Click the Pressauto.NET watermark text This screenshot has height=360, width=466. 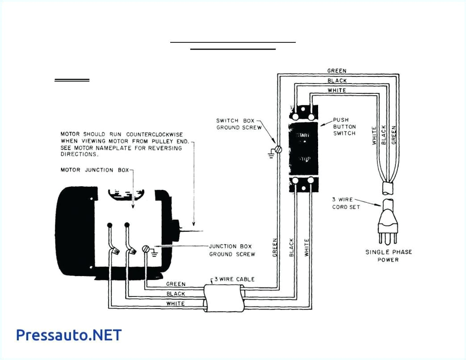[68, 335]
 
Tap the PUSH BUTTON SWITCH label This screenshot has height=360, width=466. [344, 127]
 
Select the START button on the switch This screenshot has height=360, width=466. [304, 134]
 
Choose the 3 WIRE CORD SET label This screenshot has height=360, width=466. [346, 203]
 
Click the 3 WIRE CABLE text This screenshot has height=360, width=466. [234, 279]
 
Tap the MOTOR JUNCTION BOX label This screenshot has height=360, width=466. [94, 170]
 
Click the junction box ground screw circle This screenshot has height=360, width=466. [146, 249]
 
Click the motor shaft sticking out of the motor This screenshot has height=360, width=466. [190, 231]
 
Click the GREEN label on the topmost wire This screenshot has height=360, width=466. [336, 71]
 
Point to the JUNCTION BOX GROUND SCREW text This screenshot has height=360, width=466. [232, 250]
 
